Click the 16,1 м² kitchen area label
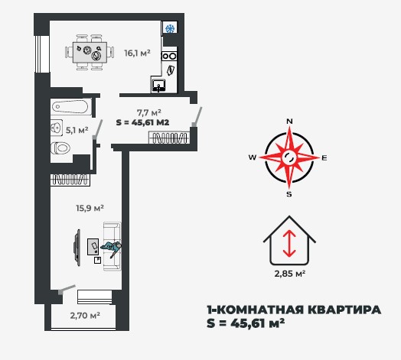pos(137,54)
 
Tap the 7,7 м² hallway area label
pos(148,112)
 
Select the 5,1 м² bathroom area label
pos(77,130)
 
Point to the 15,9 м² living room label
pos(90,208)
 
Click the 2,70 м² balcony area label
pos(85,316)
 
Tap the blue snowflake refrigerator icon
pos(170,28)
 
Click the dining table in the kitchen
pos(90,53)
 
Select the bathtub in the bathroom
pos(71,107)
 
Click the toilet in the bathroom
pos(60,148)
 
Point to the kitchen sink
pos(159,86)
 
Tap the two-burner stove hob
pos(169,56)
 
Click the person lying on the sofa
pos(112,248)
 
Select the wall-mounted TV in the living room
pos(77,248)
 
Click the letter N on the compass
pos(289,122)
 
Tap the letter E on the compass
pos(324,158)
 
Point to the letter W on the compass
pos(253,157)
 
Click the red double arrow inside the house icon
pos(289,243)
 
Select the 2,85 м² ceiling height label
pos(290,274)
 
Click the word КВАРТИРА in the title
pos(344,310)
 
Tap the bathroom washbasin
pos(57,127)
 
